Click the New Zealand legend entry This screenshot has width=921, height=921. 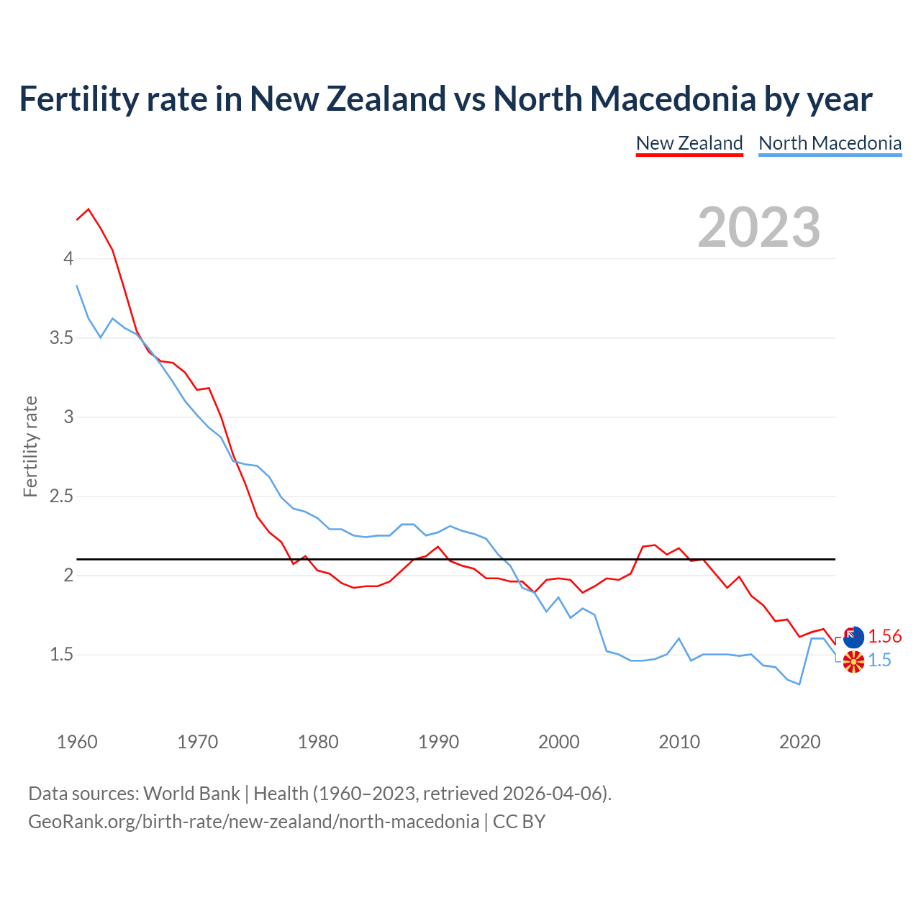point(689,143)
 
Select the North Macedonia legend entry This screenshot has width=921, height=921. point(830,143)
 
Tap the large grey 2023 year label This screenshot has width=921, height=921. point(758,227)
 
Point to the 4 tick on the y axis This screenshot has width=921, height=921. point(69,258)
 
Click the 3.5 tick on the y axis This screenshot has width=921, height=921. point(62,337)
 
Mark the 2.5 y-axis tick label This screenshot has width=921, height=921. point(62,496)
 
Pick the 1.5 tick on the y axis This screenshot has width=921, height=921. point(62,655)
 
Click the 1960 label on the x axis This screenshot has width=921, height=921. point(77,742)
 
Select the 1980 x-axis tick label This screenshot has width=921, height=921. point(318,742)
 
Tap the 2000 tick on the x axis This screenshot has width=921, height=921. point(558,742)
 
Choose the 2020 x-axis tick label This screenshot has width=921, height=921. point(799,742)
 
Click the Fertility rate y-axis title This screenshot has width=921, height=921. point(30,446)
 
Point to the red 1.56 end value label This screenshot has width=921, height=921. point(884,636)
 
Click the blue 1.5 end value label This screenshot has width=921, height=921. point(879,661)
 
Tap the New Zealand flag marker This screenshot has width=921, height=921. point(853,637)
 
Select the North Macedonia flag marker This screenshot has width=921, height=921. point(853,662)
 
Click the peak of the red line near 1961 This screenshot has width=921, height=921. point(89,209)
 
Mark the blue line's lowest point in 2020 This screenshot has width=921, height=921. point(799,684)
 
